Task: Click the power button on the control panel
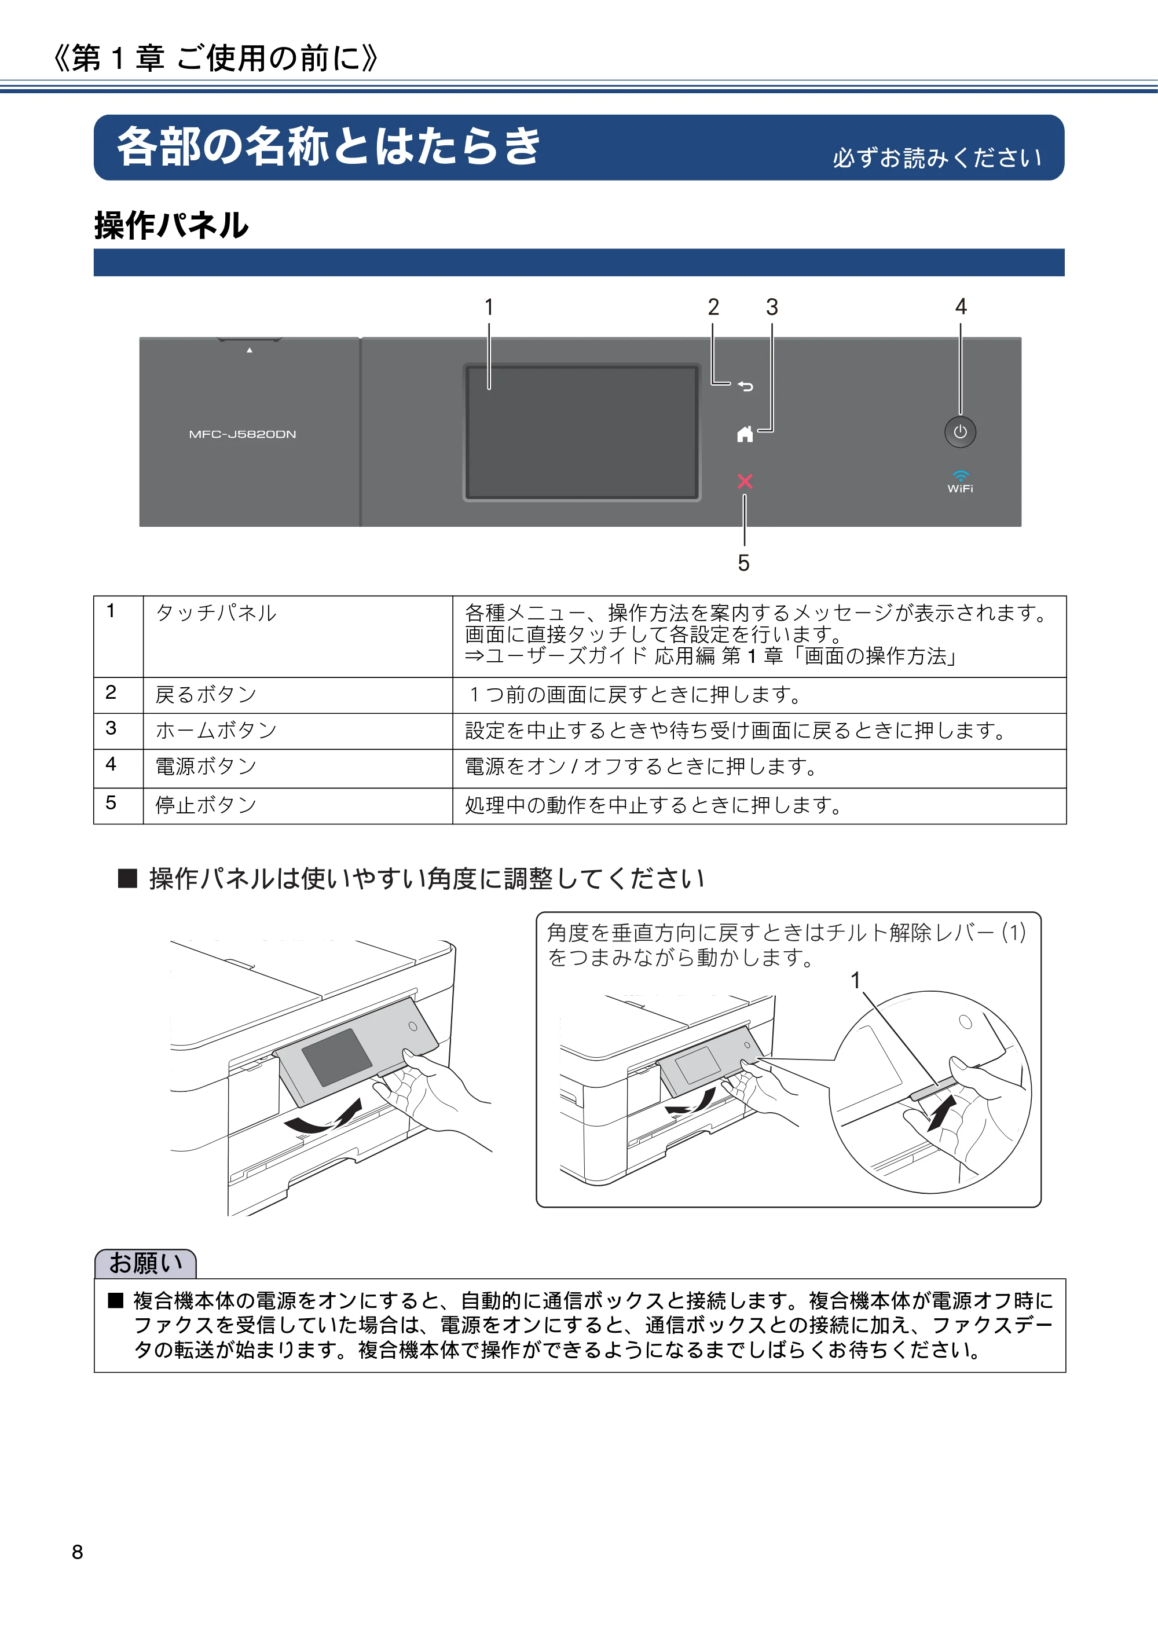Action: pos(960,432)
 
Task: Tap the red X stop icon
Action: pos(745,481)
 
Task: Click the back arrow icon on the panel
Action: pos(745,386)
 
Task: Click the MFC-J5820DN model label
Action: pos(243,434)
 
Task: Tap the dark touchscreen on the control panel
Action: pos(582,432)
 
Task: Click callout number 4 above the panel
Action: pos(961,307)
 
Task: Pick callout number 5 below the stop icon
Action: pos(744,563)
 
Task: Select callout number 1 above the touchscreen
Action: pos(489,307)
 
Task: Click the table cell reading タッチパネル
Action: pos(215,613)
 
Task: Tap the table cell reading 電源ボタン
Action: pos(206,766)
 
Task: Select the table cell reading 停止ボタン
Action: pos(206,805)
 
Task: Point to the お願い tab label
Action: pos(146,1263)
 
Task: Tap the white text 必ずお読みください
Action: pos(937,157)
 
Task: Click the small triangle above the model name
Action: pos(249,350)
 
